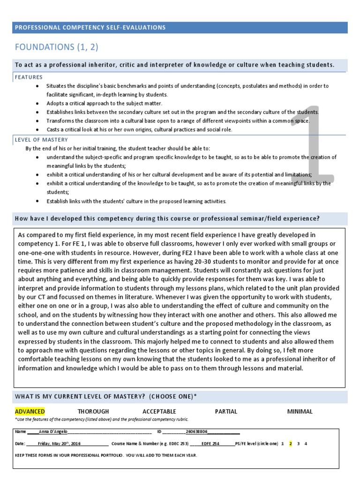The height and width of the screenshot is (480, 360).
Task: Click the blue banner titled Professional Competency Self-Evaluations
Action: pos(180,28)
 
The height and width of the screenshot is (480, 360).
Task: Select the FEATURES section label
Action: pos(29,77)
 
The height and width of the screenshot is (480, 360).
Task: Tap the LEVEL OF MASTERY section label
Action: pos(41,140)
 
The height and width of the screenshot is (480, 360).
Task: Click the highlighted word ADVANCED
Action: pos(30,412)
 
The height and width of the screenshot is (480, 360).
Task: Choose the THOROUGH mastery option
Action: pos(93,412)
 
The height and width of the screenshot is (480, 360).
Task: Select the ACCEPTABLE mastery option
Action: pos(159,412)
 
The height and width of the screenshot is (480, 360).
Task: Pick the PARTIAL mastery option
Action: pos(226,412)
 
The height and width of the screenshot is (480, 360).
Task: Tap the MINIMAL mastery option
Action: pos(300,412)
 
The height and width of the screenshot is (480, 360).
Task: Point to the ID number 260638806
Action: pos(197,431)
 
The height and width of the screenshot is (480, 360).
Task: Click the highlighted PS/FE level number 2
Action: pos(291,443)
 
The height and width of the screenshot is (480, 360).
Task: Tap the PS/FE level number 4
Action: pos(306,443)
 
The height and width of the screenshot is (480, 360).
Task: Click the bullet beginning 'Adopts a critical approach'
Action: pos(104,103)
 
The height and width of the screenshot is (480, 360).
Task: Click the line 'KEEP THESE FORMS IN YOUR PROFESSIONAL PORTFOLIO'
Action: pos(106,455)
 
